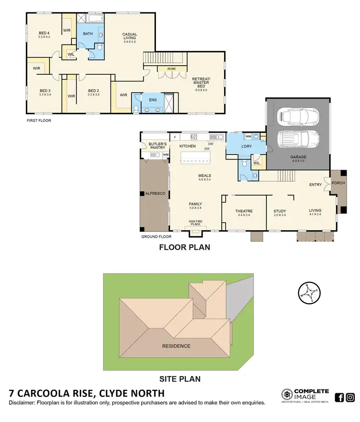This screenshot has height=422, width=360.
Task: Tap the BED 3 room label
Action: click(x=45, y=92)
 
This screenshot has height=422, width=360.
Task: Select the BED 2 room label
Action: click(x=93, y=92)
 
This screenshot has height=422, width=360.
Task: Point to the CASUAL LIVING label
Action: click(x=130, y=36)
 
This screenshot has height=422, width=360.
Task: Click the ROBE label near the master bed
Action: click(x=171, y=69)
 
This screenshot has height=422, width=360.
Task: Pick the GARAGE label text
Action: click(x=298, y=157)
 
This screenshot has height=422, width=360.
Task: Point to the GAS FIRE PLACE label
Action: click(x=195, y=223)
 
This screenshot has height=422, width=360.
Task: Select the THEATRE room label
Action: click(x=244, y=211)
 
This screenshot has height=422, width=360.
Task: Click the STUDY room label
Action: click(x=279, y=211)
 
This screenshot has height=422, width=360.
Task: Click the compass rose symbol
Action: click(x=307, y=293)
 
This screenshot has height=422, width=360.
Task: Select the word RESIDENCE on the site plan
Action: click(x=176, y=346)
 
